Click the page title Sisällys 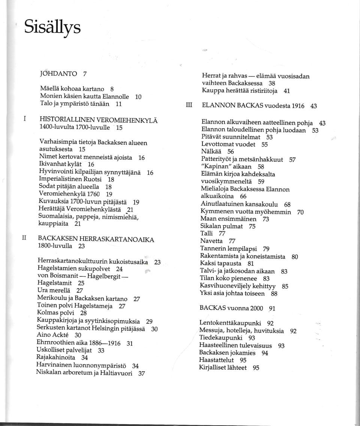(x=52, y=27)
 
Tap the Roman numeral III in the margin (x=189, y=106)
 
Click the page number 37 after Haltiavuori (x=141, y=373)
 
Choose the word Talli (x=207, y=233)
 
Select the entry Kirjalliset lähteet (x=223, y=367)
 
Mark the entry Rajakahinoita (x=56, y=357)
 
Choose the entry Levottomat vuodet (x=228, y=144)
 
